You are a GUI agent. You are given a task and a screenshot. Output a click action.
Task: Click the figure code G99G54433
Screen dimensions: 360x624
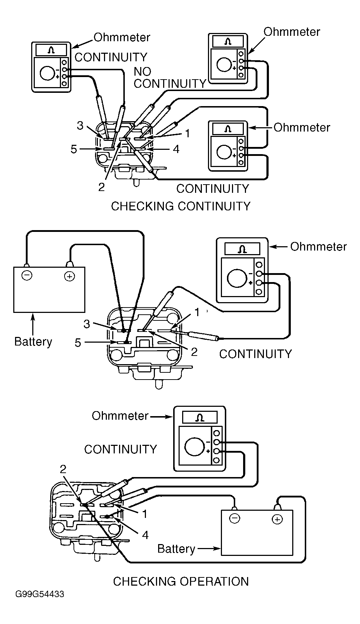(39, 594)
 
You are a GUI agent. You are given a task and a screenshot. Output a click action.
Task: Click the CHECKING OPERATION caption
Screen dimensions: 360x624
(181, 581)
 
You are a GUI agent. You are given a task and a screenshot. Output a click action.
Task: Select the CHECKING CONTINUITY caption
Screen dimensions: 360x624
(181, 206)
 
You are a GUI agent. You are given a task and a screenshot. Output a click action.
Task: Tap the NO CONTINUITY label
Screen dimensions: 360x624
(170, 77)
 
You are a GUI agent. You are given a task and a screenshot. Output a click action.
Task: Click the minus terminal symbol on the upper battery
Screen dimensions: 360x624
(27, 275)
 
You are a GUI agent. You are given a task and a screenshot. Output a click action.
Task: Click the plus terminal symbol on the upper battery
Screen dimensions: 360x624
(70, 276)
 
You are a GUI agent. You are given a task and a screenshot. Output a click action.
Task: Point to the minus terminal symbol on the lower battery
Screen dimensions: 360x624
(235, 518)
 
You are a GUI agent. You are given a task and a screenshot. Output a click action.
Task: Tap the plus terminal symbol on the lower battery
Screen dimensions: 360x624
(277, 519)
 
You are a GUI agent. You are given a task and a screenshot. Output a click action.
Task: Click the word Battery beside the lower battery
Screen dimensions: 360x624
(176, 549)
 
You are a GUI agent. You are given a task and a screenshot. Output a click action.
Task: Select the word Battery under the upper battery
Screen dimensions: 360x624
(33, 342)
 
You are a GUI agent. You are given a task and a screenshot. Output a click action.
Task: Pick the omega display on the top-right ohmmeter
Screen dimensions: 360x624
(228, 42)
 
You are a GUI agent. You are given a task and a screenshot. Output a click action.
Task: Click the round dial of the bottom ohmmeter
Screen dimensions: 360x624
(192, 447)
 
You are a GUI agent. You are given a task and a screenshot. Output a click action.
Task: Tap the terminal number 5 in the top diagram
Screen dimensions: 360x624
(74, 149)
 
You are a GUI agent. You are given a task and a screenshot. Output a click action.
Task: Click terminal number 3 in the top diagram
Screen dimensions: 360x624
(80, 125)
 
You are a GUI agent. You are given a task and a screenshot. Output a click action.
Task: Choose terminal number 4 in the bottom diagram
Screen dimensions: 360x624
(145, 535)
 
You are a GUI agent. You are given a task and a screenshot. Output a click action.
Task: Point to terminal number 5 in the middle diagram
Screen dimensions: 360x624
(78, 343)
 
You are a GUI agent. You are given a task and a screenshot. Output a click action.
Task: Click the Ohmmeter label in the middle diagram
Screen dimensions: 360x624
(318, 247)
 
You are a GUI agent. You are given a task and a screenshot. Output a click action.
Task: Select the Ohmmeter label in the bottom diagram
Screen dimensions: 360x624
(120, 416)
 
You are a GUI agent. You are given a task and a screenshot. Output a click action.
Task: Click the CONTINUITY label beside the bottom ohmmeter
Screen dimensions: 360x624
(120, 449)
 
